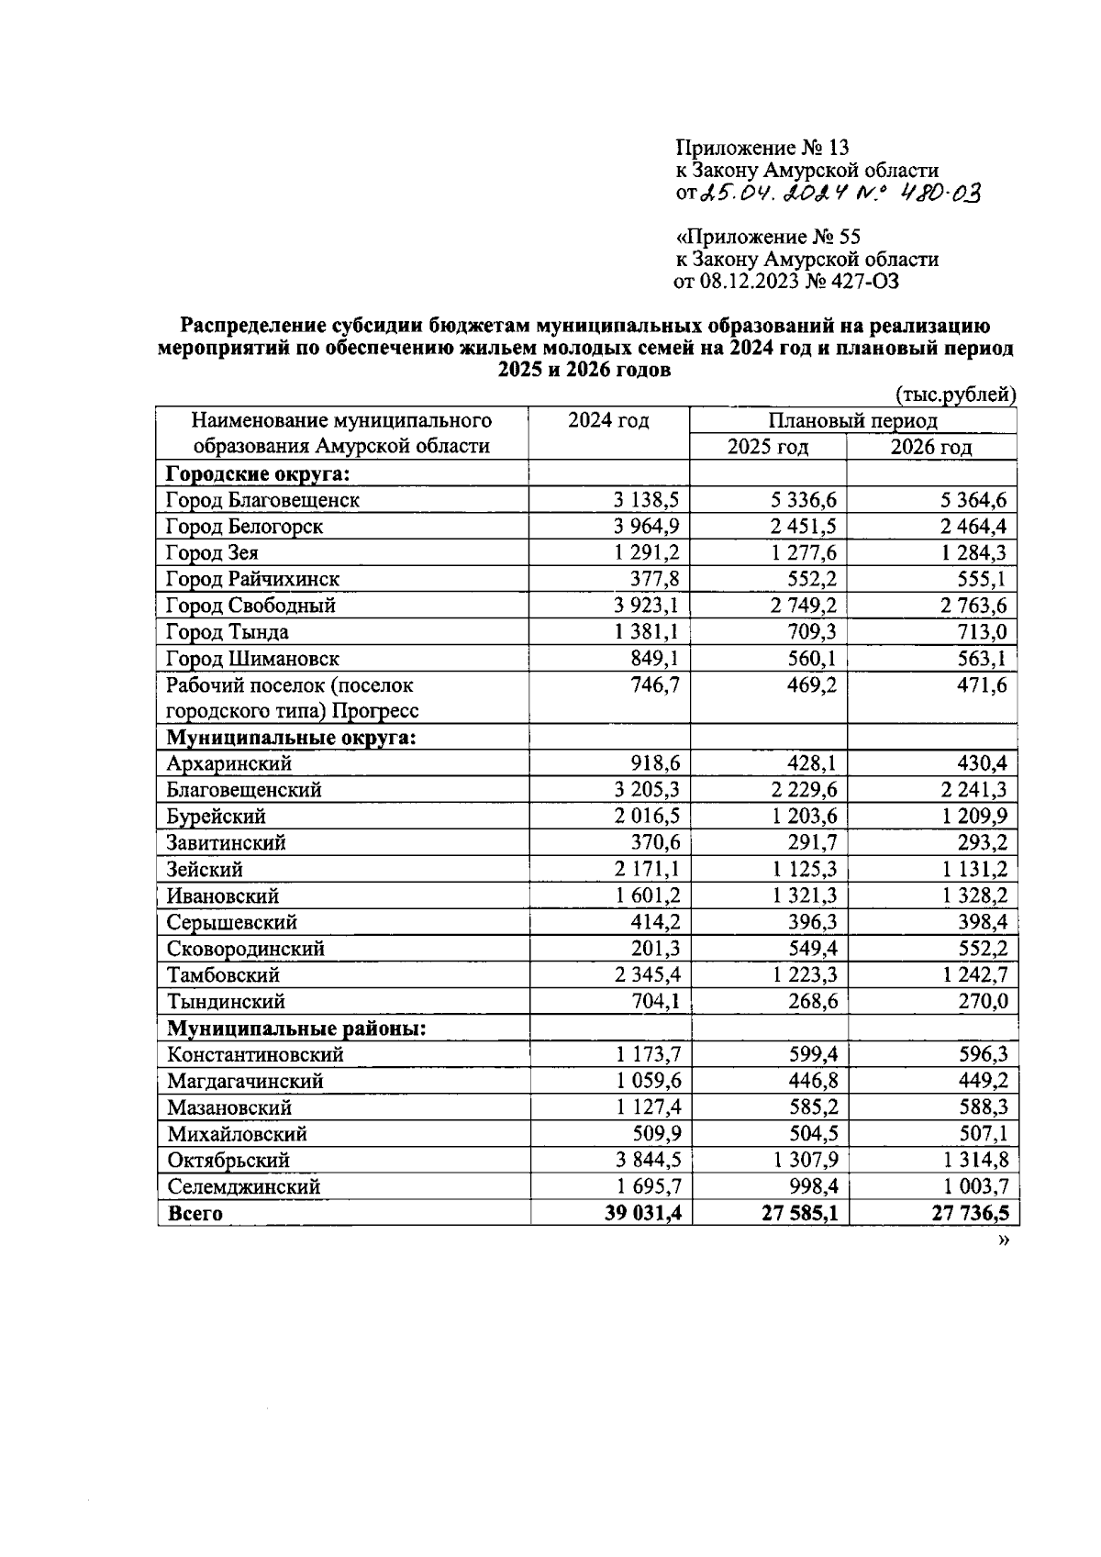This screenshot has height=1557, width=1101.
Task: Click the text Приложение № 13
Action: [762, 148]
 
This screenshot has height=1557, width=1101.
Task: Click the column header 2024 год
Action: [607, 421]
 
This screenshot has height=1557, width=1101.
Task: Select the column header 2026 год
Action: [930, 448]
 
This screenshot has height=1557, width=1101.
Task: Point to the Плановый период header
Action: [852, 421]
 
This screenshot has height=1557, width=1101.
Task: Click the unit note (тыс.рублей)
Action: [954, 395]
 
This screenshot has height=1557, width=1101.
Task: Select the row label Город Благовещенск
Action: [262, 500]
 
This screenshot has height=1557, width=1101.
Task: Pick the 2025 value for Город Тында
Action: [813, 632]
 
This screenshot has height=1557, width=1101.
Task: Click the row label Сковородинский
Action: [245, 949]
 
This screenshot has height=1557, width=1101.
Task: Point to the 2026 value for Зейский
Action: [974, 870]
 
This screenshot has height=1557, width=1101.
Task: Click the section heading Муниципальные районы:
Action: [296, 1029]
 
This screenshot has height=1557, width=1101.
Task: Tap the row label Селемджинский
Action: [243, 1187]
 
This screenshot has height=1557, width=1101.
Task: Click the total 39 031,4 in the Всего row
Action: [641, 1214]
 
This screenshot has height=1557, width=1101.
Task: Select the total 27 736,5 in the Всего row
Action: [970, 1214]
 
